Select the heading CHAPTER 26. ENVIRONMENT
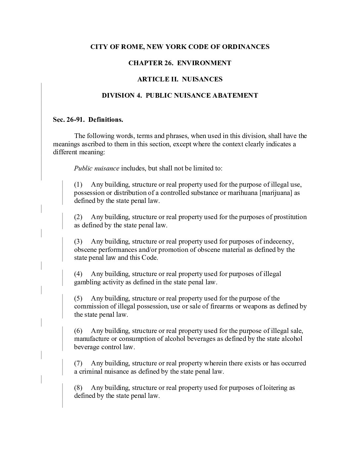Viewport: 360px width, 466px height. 180,63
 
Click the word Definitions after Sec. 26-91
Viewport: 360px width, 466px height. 106,119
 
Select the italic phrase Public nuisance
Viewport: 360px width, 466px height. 97,168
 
